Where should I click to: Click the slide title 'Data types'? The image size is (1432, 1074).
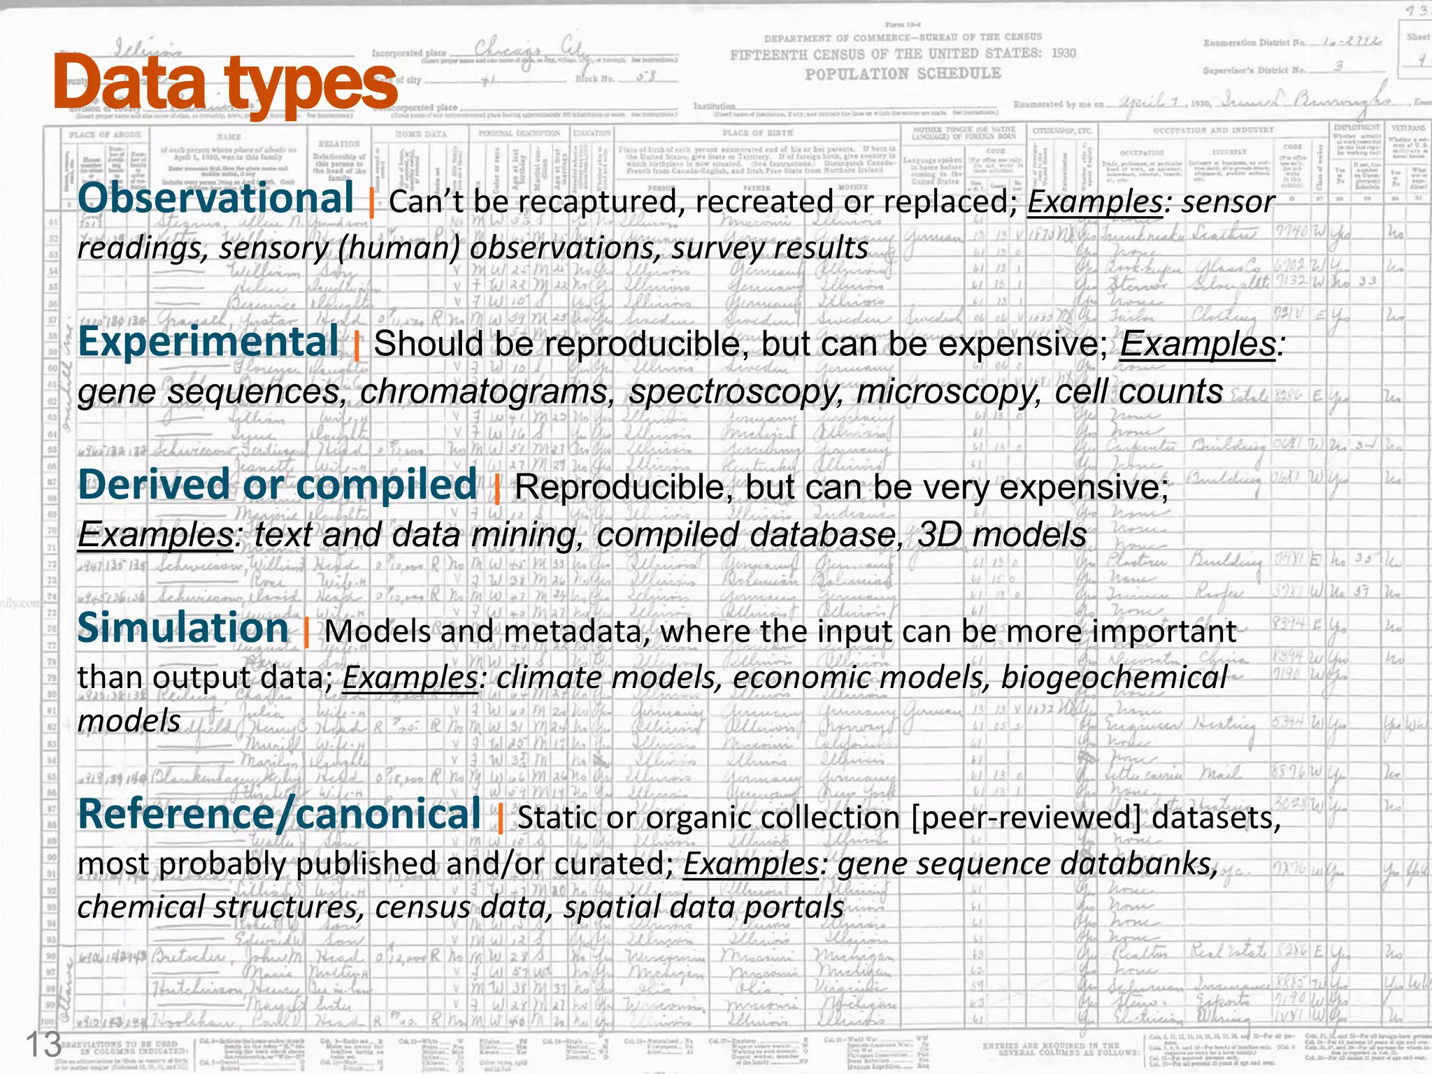coord(225,84)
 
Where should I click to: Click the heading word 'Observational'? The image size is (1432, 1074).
coord(216,199)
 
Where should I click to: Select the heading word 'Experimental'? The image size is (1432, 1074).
coord(208,343)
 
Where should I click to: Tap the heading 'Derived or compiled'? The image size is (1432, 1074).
coord(278,485)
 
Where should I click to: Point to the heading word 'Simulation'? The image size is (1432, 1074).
coord(183,628)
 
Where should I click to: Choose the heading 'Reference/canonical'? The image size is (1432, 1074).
coord(280,815)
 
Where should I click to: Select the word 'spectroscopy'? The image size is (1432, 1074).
coord(736,392)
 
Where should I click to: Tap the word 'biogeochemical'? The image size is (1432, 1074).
coord(1114,677)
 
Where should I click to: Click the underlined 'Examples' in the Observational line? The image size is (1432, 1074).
coord(1094,202)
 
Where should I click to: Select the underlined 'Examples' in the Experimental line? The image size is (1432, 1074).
coord(1198,344)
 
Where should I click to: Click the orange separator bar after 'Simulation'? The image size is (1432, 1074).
coord(306,631)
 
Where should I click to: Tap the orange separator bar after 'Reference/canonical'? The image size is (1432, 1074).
coord(500,818)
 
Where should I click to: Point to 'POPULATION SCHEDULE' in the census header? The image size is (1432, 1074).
coord(903,74)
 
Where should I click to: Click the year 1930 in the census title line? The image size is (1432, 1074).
coord(1064,53)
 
